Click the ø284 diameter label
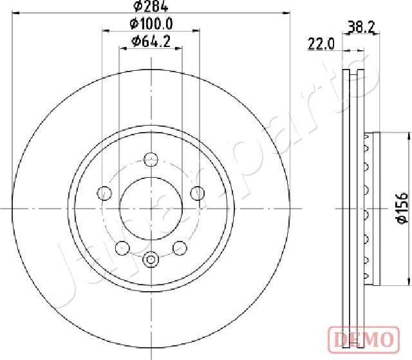(x=151, y=7)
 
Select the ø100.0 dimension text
(x=151, y=24)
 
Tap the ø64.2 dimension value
(x=150, y=43)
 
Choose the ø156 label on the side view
(x=400, y=208)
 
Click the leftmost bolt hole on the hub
(x=104, y=193)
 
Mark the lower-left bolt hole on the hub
(x=121, y=247)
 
